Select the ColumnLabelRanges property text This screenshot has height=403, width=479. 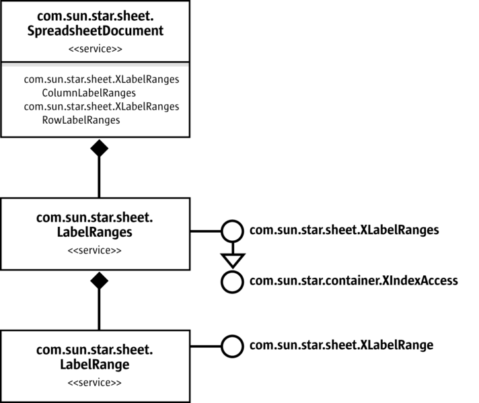pos(80,93)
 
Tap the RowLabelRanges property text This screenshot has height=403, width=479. pos(81,120)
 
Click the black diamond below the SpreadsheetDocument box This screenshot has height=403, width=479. pos(100,148)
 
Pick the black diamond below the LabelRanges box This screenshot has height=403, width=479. pos(100,281)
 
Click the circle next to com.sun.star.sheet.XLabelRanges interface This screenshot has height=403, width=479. pos(231,231)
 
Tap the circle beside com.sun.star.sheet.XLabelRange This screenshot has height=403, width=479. pos(231,346)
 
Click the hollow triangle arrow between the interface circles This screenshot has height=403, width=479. pos(231,258)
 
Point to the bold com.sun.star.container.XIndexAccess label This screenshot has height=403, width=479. pos(353,281)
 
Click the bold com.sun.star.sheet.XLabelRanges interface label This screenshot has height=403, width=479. pos(344,230)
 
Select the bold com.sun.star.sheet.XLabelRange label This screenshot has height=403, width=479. pos(341,346)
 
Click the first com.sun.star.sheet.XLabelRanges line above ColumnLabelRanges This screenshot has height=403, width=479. pos(102,79)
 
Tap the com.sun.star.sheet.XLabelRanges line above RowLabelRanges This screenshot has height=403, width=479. pos(102,107)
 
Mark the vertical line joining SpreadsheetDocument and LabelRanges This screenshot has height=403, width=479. pos(100,178)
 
